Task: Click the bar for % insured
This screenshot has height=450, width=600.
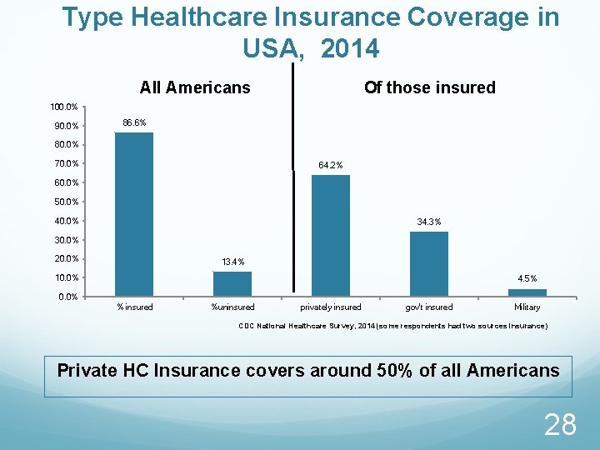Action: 134,214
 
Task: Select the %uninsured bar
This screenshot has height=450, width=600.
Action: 232,283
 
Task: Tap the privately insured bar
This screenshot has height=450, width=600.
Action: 331,235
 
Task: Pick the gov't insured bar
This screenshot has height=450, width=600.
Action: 429,263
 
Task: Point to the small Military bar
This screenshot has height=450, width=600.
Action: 527,292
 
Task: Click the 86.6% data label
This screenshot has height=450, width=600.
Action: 134,122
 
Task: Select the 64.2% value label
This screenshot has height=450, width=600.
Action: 331,165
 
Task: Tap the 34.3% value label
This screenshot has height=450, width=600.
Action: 429,222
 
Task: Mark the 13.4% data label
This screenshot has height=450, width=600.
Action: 232,262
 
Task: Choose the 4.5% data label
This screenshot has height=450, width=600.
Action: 527,278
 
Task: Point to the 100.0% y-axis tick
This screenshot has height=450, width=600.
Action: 64,107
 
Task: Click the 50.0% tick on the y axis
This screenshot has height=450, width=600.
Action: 66,202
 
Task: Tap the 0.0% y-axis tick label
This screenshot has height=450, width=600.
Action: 68,297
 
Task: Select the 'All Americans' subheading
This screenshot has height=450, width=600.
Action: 195,87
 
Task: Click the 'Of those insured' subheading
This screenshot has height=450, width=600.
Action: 429,87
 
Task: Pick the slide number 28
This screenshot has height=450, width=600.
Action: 559,425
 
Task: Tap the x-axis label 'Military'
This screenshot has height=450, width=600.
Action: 527,307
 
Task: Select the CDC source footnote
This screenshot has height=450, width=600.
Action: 393,327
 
